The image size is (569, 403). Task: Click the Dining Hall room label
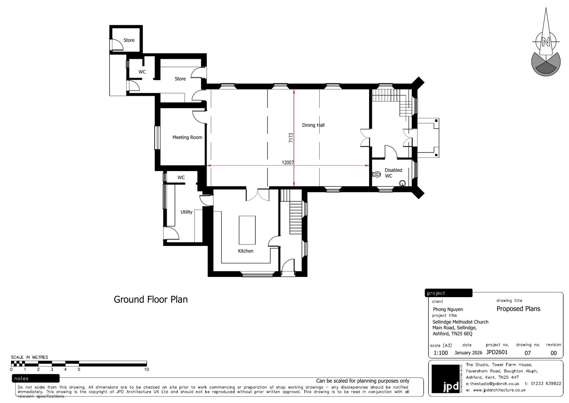(x=313, y=125)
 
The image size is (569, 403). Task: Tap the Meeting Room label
(x=187, y=137)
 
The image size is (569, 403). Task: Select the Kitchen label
(x=246, y=251)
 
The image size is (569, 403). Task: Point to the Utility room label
(x=186, y=212)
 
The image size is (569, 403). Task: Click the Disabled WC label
(x=393, y=173)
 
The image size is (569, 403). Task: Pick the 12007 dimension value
(x=288, y=162)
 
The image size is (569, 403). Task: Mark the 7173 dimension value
(x=291, y=138)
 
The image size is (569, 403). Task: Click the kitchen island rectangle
(x=247, y=230)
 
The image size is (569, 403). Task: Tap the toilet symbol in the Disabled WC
(x=377, y=174)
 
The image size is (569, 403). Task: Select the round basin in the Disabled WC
(x=402, y=183)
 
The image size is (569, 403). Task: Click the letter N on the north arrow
(x=546, y=42)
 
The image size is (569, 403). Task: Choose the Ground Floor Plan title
(x=151, y=299)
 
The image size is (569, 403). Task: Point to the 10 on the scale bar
(x=147, y=370)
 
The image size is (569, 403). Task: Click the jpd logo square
(x=446, y=379)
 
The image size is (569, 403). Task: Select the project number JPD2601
(x=496, y=352)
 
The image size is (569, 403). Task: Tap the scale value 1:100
(x=441, y=353)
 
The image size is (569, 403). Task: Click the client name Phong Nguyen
(x=448, y=309)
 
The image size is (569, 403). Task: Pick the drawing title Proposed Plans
(x=518, y=309)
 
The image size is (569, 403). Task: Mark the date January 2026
(x=468, y=353)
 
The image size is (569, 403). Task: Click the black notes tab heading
(x=36, y=378)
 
